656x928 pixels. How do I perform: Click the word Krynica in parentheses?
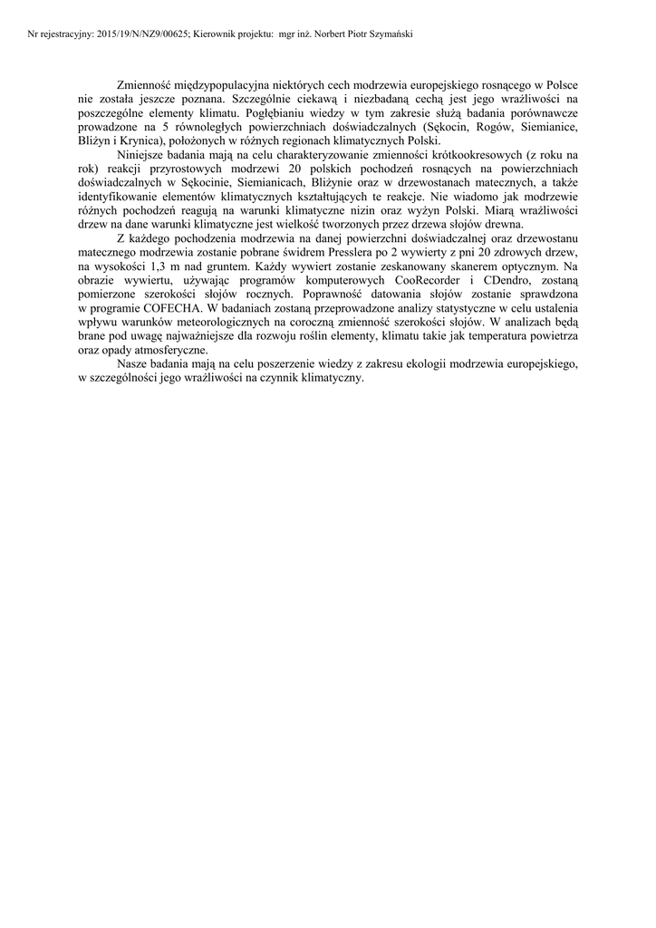144,140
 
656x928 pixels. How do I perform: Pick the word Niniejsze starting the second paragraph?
144,155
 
